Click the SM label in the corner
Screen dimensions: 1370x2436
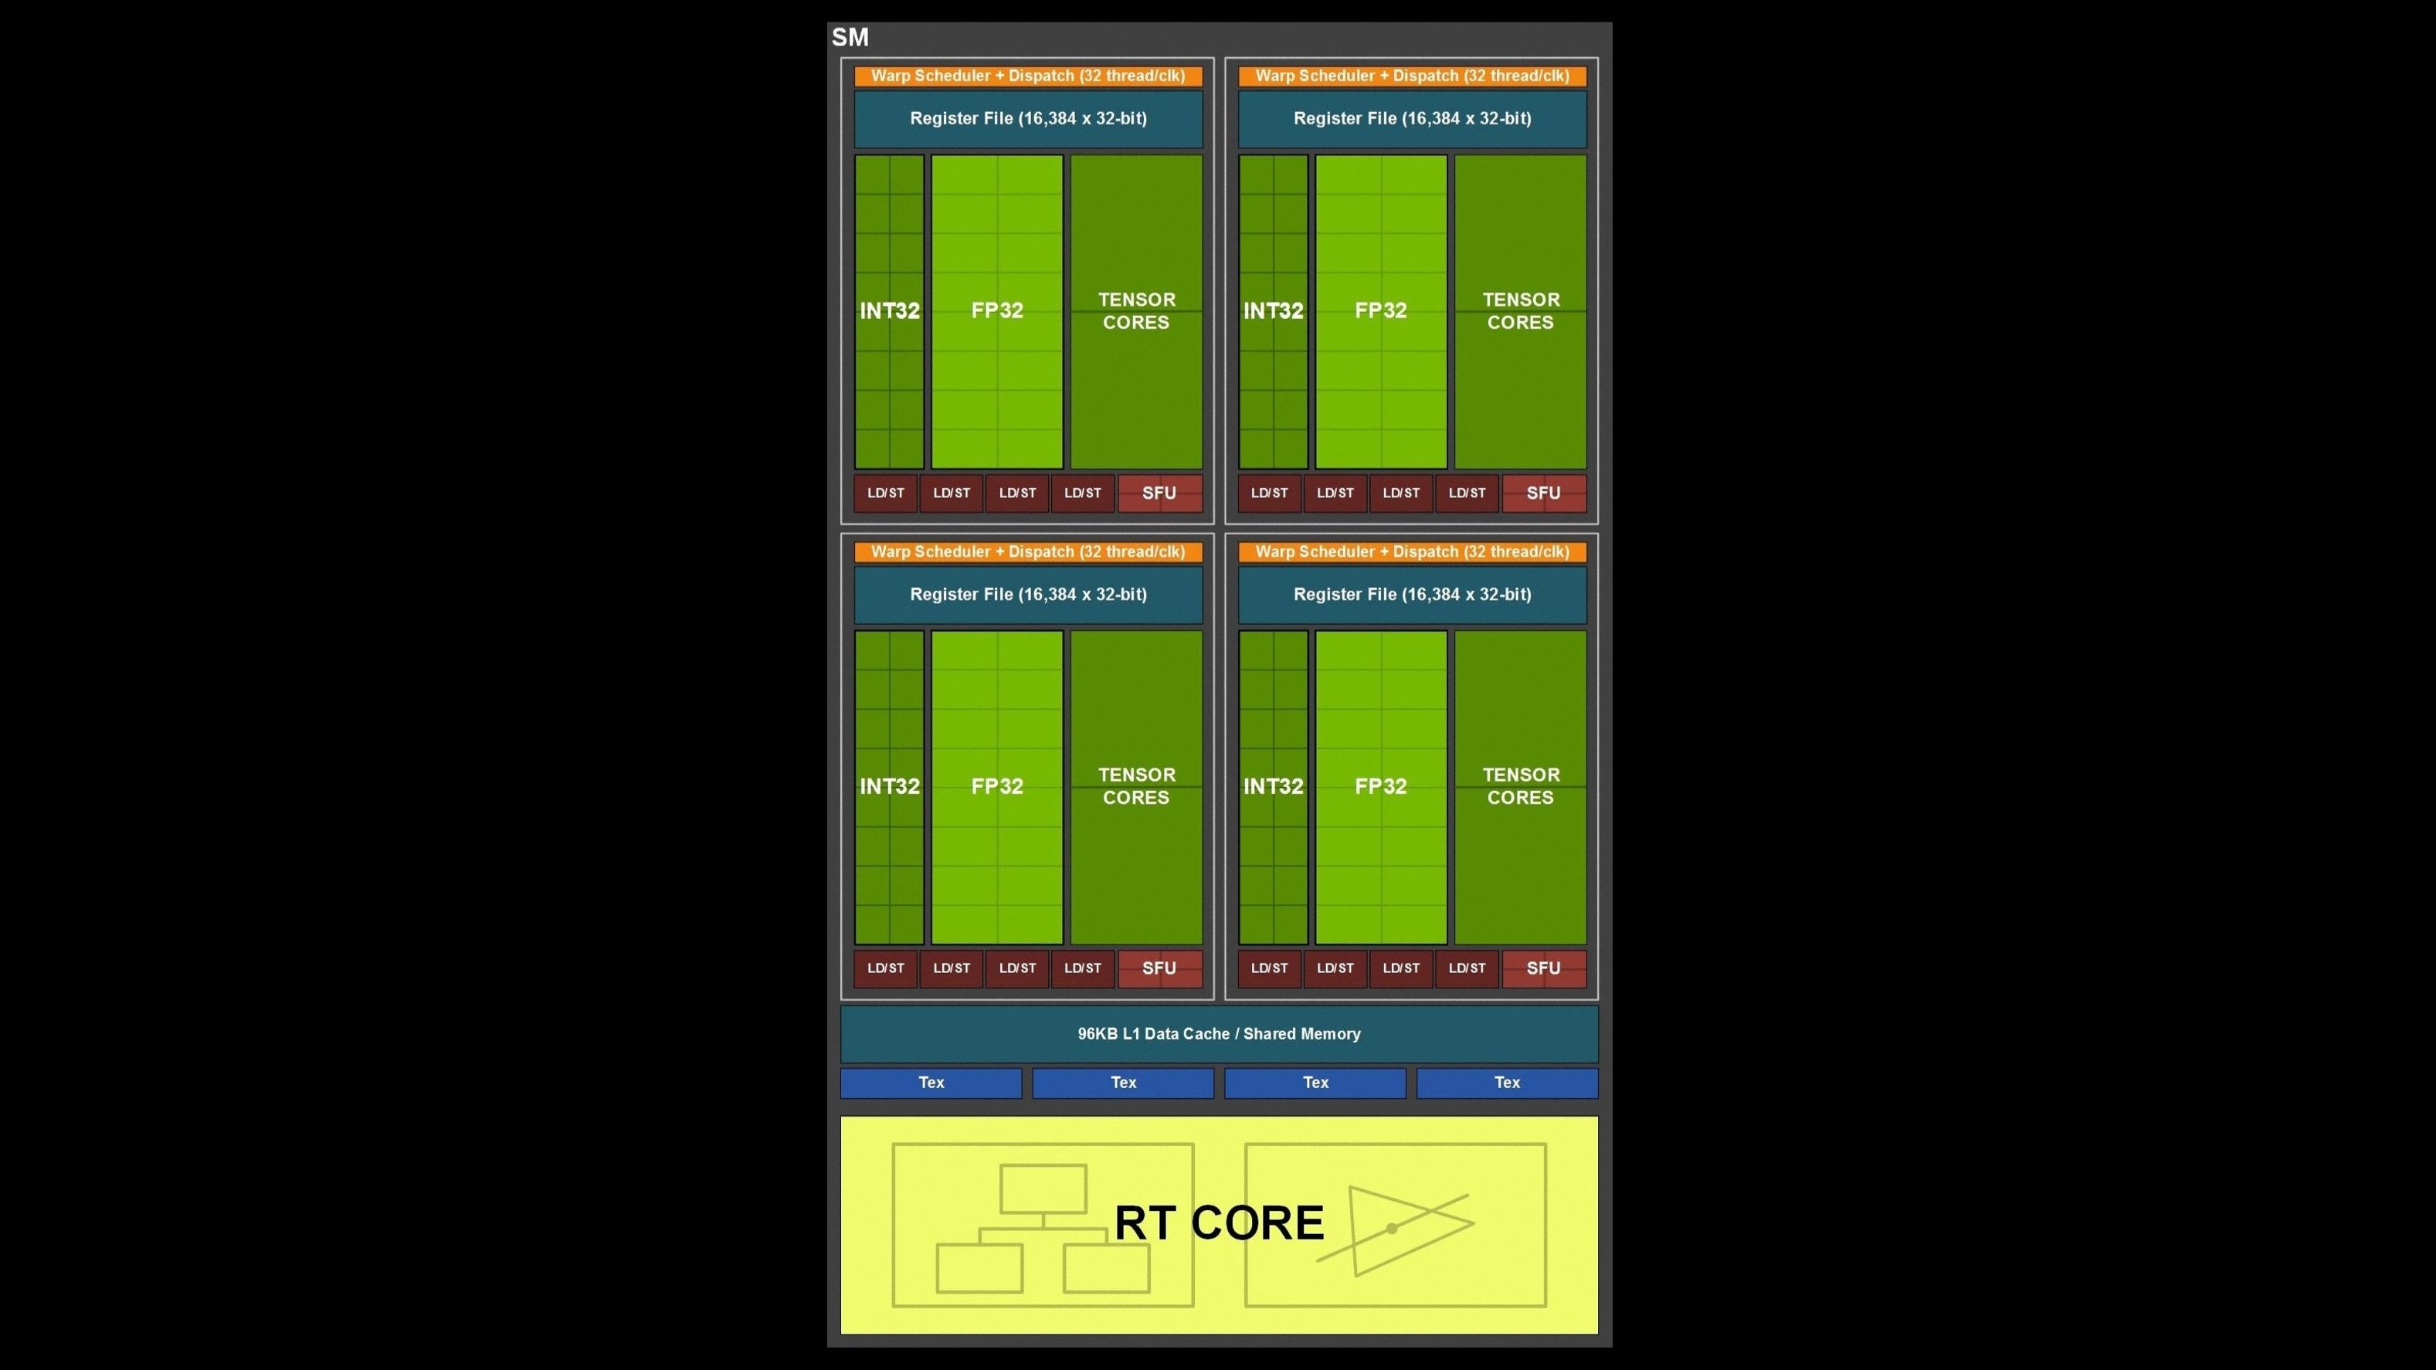pos(849,38)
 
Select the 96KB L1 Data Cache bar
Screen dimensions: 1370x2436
pos(1218,1033)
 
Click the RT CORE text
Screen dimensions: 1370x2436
pos(1218,1222)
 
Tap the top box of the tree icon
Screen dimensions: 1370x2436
pos(1042,1189)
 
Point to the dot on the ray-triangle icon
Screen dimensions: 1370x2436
pos(1391,1228)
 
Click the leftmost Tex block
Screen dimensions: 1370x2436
pos(931,1083)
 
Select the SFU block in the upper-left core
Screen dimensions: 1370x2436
pos(1159,493)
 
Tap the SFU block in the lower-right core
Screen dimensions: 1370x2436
pos(1543,968)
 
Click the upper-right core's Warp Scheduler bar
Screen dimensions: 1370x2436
pos(1412,76)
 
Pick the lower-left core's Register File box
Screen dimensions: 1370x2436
pos(1028,595)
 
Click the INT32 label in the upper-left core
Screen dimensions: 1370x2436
pos(889,310)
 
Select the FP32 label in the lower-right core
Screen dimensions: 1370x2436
pos(1381,785)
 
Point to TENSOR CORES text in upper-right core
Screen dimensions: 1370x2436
pos(1520,310)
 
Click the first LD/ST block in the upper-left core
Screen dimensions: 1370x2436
pos(885,493)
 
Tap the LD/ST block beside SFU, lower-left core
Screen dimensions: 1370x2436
pos(1083,968)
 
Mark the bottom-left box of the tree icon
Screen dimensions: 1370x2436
pos(979,1268)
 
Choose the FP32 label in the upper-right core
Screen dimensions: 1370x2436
pos(1381,310)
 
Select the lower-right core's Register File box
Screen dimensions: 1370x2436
pos(1412,595)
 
